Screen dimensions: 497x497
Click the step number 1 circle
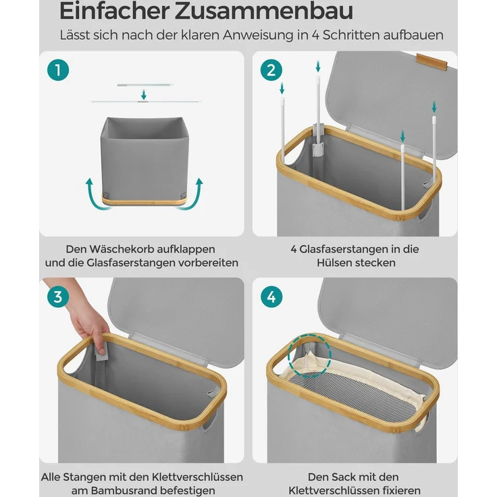[x=58, y=70]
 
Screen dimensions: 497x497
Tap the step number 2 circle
[x=271, y=70]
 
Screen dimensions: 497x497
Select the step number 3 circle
[x=58, y=296]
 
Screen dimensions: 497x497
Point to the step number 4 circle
[x=271, y=296]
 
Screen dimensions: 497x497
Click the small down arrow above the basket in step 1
[x=143, y=95]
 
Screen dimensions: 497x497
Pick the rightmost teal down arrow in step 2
[x=434, y=107]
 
